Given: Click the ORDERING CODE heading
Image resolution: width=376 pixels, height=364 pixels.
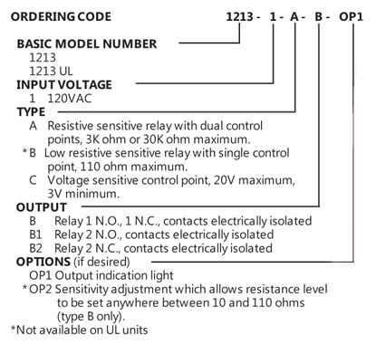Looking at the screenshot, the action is (x=61, y=16).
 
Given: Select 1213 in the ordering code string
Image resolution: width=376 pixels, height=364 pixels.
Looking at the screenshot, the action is (x=239, y=16).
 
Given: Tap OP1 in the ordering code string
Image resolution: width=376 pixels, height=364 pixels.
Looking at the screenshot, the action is (x=351, y=16).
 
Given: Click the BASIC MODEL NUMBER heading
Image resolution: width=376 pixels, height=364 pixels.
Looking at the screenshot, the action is (x=87, y=44).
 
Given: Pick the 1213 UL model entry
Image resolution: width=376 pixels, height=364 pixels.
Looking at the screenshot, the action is (x=51, y=72).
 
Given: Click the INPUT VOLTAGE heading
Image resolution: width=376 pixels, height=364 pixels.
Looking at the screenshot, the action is (x=64, y=85).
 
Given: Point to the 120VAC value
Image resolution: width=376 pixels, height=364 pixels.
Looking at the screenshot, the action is (x=70, y=99).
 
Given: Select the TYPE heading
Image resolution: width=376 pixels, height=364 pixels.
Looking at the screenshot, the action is (x=31, y=112).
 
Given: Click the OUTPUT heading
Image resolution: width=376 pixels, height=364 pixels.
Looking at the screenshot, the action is (x=42, y=207).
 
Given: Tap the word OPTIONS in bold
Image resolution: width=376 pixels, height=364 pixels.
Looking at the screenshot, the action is (x=43, y=262).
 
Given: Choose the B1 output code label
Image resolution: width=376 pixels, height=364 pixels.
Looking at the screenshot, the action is (x=35, y=235).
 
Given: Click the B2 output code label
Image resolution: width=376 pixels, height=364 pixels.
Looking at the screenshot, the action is (x=35, y=248).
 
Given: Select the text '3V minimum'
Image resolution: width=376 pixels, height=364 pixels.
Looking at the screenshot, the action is (x=83, y=194).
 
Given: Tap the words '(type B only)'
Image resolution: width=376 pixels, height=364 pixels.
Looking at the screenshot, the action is (x=91, y=317).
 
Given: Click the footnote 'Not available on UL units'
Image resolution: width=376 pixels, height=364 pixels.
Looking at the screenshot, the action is (x=82, y=330).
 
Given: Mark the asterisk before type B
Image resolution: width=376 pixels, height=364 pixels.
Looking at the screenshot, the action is (x=25, y=151).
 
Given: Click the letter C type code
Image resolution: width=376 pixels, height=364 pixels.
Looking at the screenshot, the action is (x=33, y=180).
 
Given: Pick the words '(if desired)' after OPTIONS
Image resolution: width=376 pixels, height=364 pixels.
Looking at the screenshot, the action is (x=101, y=262).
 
